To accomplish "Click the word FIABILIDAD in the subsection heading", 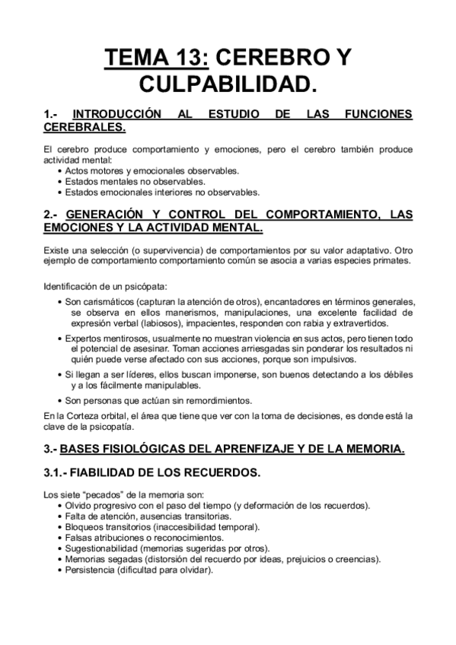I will [115, 472].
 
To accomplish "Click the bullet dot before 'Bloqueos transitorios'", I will [60, 527].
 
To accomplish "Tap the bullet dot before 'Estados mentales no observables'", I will [60, 182].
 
